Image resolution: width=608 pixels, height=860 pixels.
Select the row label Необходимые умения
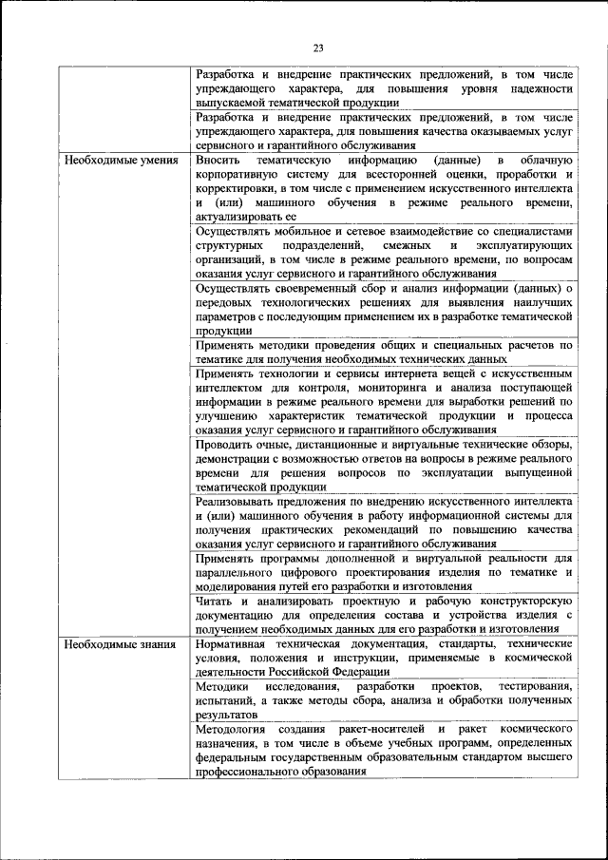click(x=121, y=160)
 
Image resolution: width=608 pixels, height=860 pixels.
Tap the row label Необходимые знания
click(x=120, y=644)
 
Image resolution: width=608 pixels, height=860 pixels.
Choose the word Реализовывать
click(x=237, y=501)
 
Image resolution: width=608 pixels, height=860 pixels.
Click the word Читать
click(x=213, y=602)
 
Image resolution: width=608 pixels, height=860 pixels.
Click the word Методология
click(x=232, y=729)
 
